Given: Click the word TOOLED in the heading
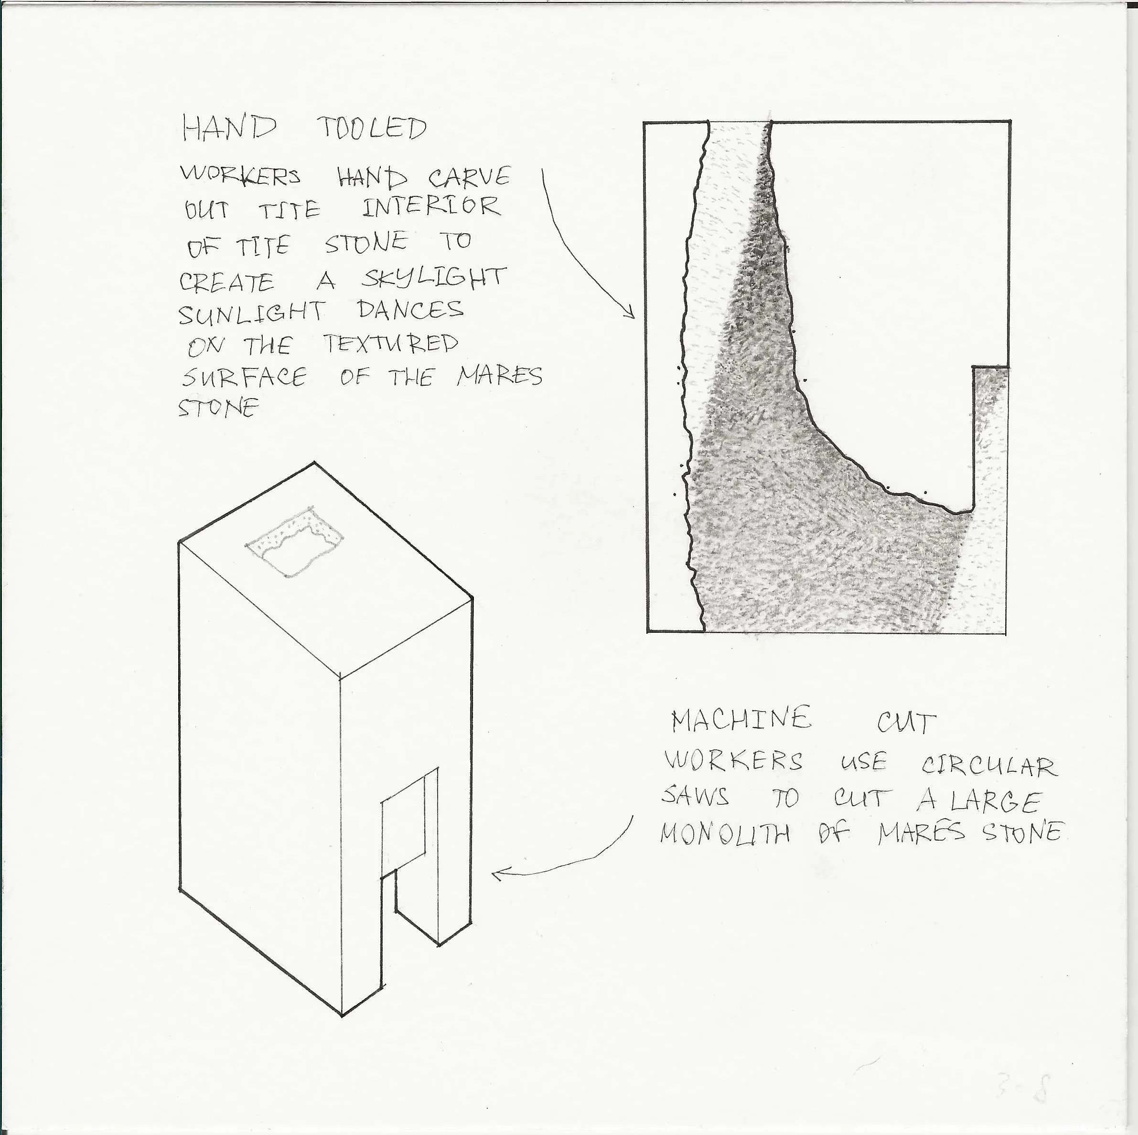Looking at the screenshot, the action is pos(372,128).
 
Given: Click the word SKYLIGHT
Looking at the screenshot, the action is pos(433,279).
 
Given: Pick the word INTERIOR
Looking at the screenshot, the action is pos(430,207).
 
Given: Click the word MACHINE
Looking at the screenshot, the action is pos(741,720).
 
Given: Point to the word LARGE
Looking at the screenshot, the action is pos(996,801).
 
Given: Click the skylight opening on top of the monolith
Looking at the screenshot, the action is pos(294,540).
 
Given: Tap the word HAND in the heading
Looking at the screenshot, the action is pos(228,128).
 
